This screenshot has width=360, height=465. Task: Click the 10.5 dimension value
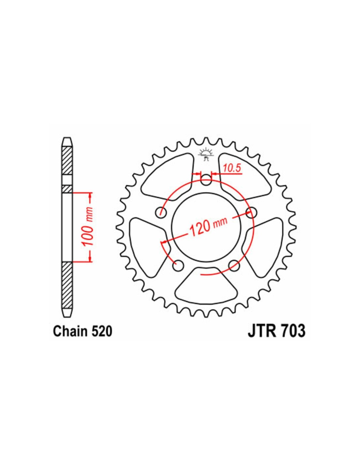(x=232, y=168)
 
